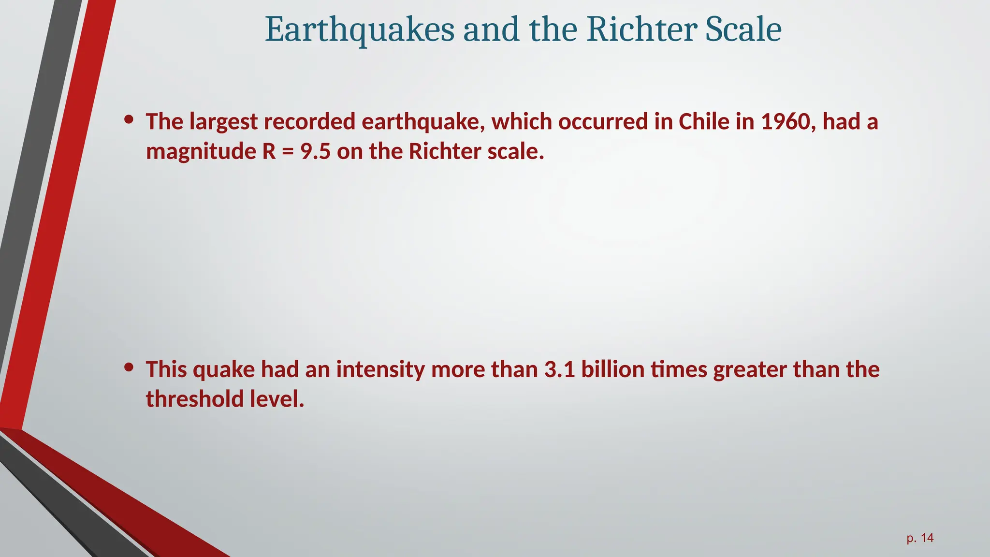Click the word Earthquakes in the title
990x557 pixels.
pos(360,30)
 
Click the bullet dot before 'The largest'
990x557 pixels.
pos(129,119)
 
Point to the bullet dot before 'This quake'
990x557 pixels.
pos(129,367)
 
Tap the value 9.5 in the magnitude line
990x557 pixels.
pos(315,152)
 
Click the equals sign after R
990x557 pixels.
pos(288,152)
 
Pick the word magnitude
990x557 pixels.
pos(201,152)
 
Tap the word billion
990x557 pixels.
pos(612,369)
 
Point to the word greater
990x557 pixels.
pos(750,369)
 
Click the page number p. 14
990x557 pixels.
pos(920,538)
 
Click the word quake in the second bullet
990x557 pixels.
pos(223,369)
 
